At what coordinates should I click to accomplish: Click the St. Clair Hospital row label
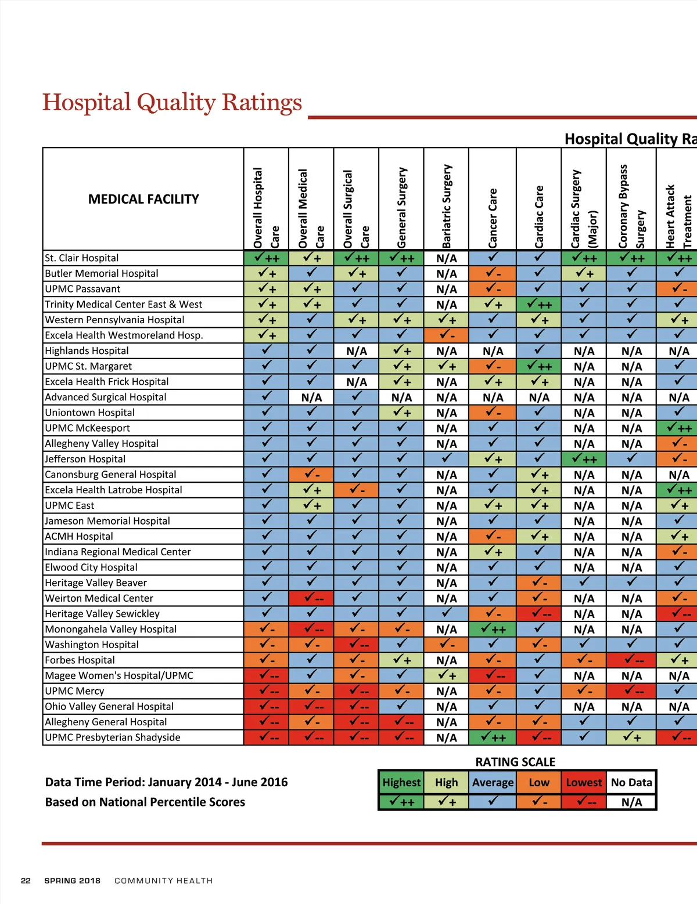82,258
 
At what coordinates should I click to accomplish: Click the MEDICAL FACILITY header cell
143,199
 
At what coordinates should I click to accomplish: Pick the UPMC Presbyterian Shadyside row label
113,737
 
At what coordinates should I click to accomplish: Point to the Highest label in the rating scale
401,782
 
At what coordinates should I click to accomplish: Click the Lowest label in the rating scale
584,782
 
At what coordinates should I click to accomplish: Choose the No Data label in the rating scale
631,782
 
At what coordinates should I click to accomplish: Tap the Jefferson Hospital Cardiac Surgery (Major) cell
584,459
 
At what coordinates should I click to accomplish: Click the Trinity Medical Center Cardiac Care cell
539,304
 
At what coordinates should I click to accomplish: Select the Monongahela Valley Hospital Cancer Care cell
493,629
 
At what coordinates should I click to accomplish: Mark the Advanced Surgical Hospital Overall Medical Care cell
311,397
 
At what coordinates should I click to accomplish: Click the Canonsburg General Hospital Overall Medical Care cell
311,475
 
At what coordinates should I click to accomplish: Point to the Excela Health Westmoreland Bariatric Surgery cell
446,335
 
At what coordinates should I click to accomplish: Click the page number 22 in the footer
26,881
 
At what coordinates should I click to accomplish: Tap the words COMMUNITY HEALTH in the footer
163,881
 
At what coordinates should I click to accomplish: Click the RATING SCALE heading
515,762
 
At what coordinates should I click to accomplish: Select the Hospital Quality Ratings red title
172,103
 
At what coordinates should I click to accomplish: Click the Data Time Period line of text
166,782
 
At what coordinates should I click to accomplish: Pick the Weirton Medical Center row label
99,598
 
